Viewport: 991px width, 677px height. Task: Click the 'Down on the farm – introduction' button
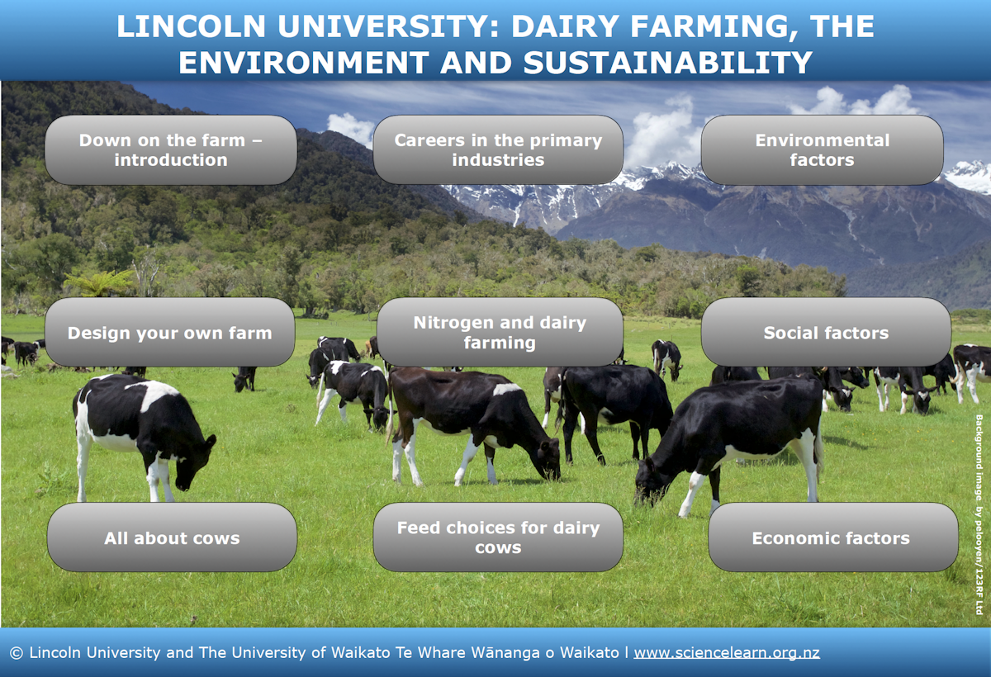[170, 150]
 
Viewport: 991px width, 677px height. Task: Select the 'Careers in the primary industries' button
[498, 150]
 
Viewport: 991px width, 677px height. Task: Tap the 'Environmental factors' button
[822, 150]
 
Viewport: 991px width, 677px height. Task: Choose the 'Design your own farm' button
[169, 334]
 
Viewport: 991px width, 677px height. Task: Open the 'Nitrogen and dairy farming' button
[500, 333]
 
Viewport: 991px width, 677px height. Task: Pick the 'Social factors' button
[826, 334]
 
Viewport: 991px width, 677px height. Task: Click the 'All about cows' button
[172, 538]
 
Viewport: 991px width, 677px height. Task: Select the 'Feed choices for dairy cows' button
[498, 537]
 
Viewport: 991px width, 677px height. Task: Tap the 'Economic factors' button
[831, 538]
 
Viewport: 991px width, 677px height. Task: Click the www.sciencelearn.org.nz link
[727, 652]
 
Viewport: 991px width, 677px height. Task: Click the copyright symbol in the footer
[16, 652]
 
